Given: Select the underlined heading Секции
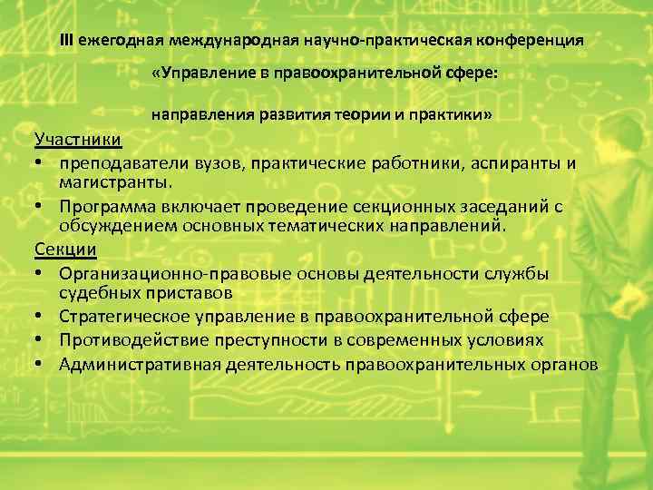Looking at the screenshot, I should [65, 248].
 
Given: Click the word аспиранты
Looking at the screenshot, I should [514, 162].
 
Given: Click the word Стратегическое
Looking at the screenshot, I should [125, 317].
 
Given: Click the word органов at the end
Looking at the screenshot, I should [563, 364].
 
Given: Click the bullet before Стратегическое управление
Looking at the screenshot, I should [41, 317].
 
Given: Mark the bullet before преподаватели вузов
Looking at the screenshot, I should [41, 162].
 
